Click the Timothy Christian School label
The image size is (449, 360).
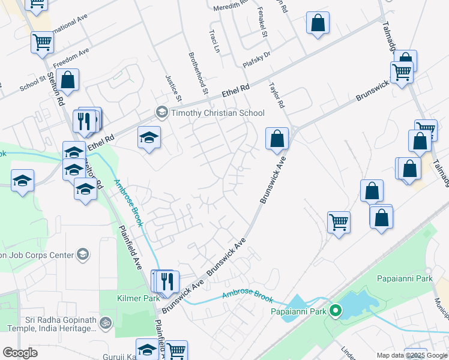coord(218,113)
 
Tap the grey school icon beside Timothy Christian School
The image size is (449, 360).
coord(161,112)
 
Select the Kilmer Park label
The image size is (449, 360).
coord(138,298)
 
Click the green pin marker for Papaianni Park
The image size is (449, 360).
coord(336,311)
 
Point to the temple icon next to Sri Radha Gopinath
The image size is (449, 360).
coord(106,323)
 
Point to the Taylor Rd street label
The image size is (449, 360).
coord(276,95)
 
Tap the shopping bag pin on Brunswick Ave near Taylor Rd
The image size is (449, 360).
coord(277,138)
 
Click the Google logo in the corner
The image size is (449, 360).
coord(20,353)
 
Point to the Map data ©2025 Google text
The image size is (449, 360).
coord(412,355)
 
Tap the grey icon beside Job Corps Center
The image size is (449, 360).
coord(83,255)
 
